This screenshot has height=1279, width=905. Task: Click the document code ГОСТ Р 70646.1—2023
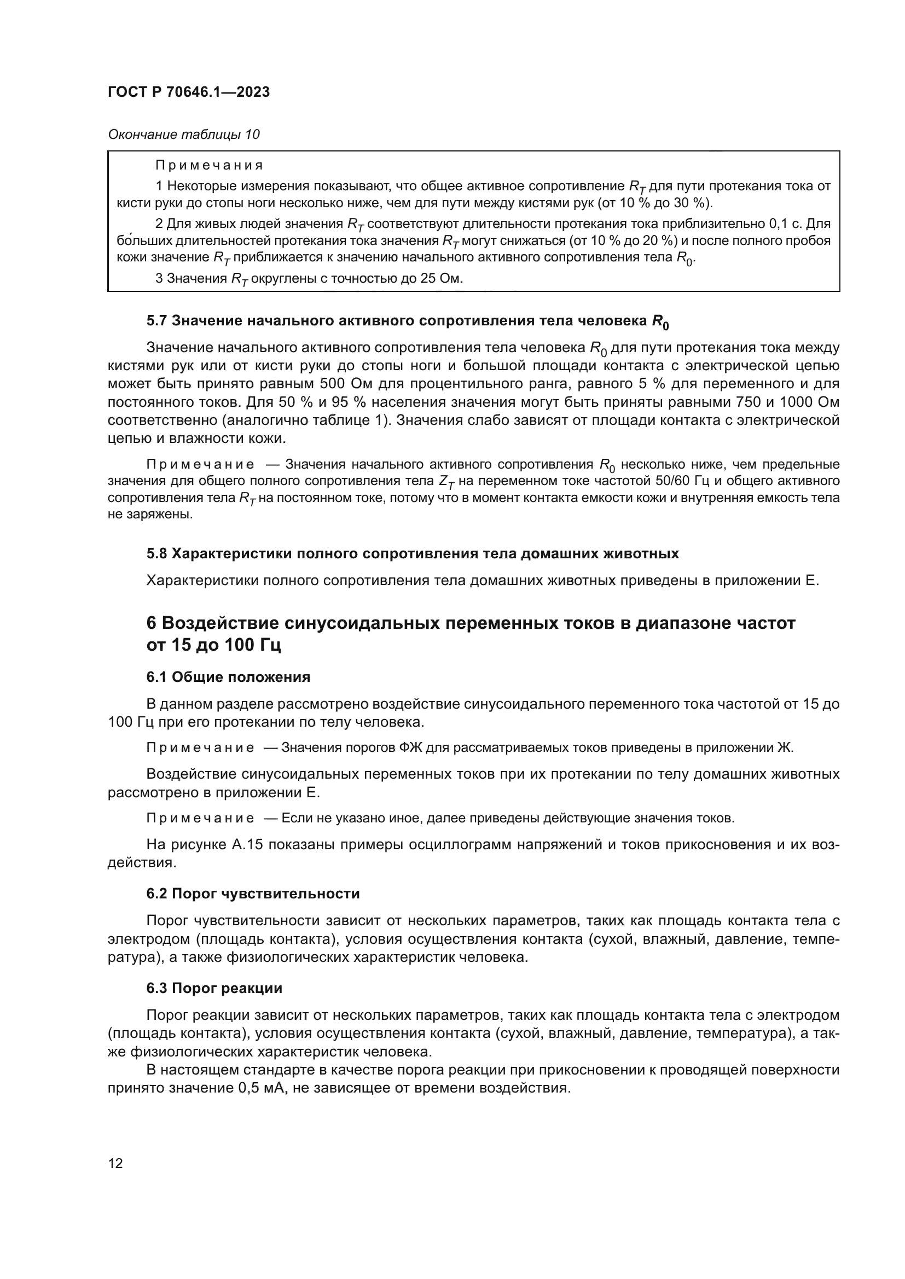[x=188, y=92]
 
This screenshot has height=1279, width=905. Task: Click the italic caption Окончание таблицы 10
[x=183, y=135]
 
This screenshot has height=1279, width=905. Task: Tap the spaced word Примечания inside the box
[x=208, y=166]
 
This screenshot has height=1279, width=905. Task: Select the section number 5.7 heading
[x=157, y=321]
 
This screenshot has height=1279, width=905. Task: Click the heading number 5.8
[x=157, y=554]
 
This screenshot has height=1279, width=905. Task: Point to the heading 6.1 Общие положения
[x=228, y=678]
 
